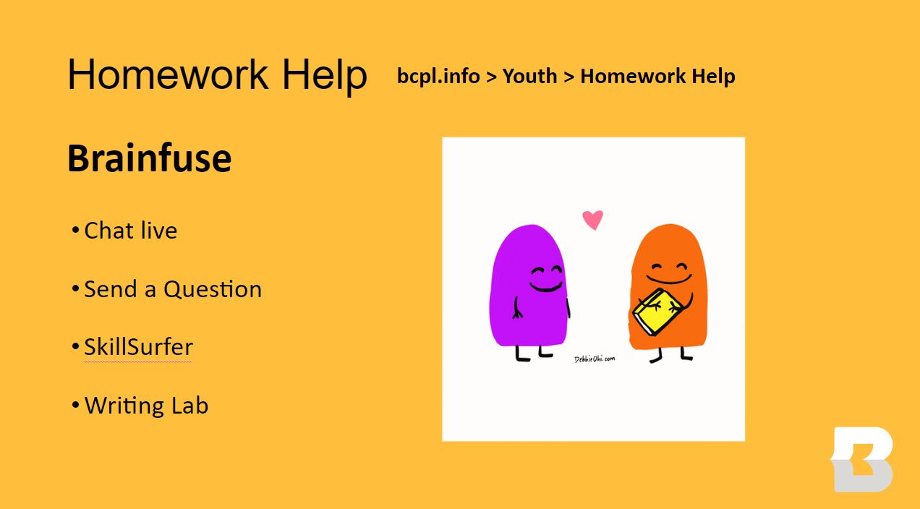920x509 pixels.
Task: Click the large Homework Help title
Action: point(217,74)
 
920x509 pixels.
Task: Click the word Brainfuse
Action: point(149,158)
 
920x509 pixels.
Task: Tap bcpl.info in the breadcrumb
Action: point(438,76)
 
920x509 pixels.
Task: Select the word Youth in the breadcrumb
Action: point(529,76)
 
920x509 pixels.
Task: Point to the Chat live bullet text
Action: point(130,231)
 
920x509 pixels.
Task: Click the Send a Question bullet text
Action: point(172,289)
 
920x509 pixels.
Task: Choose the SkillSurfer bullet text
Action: point(138,347)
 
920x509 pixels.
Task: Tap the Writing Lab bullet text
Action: point(146,405)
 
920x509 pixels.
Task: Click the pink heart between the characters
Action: point(593,219)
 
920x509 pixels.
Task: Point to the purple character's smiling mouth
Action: point(546,288)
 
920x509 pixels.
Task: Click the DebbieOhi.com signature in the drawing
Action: point(595,359)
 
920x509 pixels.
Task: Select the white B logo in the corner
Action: point(862,459)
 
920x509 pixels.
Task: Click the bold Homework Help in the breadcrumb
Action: point(657,76)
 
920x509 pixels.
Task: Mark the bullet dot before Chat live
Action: point(75,231)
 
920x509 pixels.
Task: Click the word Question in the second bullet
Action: point(213,289)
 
